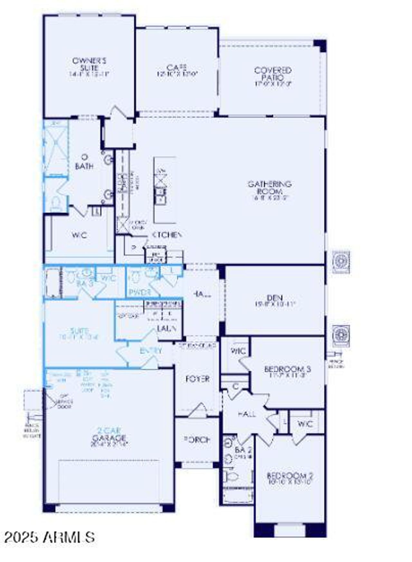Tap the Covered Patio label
click(x=273, y=74)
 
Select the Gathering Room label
click(x=269, y=188)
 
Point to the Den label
click(x=275, y=298)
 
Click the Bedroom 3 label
click(x=287, y=369)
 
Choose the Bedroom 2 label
click(x=290, y=475)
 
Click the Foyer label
click(x=197, y=379)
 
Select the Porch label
click(x=197, y=439)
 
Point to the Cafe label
click(x=177, y=68)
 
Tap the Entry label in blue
click(x=151, y=351)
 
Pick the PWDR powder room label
click(x=140, y=292)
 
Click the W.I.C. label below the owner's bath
click(x=79, y=235)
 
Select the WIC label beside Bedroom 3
click(x=238, y=351)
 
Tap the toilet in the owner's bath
click(x=56, y=203)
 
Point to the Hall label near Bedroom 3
click(x=247, y=414)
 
